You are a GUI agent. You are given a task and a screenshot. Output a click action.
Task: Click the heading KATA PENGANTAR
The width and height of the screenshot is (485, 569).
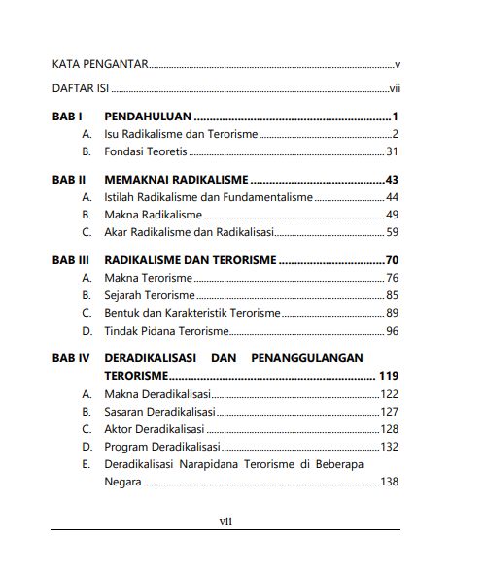(99, 65)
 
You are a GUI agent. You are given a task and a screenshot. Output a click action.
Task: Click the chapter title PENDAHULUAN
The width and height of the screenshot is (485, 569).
(147, 117)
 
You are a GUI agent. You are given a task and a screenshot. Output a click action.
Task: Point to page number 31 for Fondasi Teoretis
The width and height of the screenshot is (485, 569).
(393, 151)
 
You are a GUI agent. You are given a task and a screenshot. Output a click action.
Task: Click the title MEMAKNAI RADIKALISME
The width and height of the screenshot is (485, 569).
(175, 180)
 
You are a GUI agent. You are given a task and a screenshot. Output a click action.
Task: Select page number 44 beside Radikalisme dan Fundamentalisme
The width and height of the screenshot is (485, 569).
(393, 197)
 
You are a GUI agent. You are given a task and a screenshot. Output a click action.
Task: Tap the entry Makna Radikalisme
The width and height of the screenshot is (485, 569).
(153, 215)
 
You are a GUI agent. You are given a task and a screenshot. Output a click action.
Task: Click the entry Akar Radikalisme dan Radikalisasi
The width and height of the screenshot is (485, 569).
(190, 232)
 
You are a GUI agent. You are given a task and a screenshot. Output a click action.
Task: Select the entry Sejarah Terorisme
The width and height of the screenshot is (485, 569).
(149, 295)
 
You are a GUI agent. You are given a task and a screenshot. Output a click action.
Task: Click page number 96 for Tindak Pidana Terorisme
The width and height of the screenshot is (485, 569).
(393, 331)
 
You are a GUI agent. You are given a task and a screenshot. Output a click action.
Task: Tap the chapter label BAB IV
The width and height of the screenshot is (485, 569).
(70, 358)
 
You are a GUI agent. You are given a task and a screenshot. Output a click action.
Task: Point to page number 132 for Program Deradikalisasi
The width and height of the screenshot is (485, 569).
(390, 447)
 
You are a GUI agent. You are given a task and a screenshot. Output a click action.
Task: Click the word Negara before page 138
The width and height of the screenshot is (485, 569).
(123, 483)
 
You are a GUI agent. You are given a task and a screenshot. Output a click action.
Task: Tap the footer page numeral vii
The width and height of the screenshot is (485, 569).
(225, 521)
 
